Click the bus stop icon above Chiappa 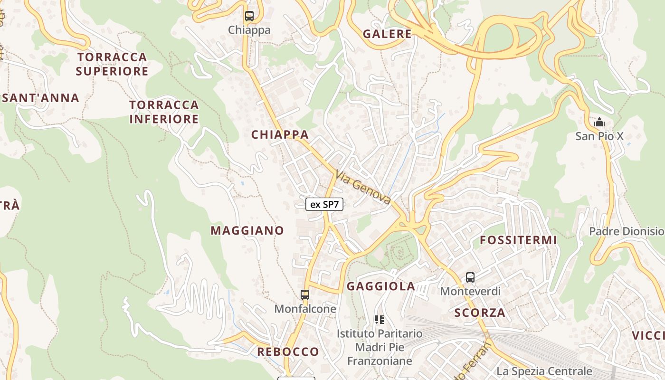(x=249, y=16)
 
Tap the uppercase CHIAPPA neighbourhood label (x=280, y=135)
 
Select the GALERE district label (x=387, y=34)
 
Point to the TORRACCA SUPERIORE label (x=112, y=64)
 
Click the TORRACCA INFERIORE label (x=164, y=112)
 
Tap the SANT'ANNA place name (x=41, y=98)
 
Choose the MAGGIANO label (x=247, y=231)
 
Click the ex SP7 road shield (x=324, y=205)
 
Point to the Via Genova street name (x=363, y=187)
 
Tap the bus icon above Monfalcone (x=305, y=294)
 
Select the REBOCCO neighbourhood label (x=288, y=352)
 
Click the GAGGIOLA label (x=381, y=286)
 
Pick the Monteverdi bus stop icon (x=470, y=277)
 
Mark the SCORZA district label (x=480, y=313)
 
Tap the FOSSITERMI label (x=518, y=240)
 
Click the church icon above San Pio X (x=599, y=123)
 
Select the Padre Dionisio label (x=626, y=231)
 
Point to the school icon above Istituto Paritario (x=379, y=320)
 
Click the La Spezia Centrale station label (x=544, y=371)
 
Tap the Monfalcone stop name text (x=305, y=309)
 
